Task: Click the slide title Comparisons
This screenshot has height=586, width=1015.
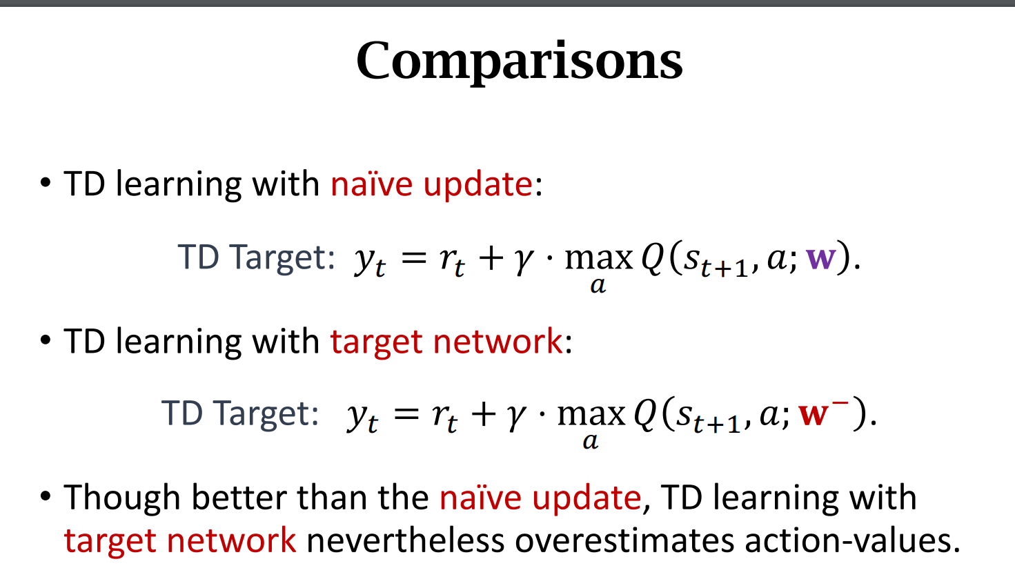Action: click(x=520, y=61)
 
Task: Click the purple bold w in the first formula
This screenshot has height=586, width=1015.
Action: click(x=820, y=258)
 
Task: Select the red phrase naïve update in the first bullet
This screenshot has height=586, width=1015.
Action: click(x=431, y=184)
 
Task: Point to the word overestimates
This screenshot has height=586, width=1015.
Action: click(x=624, y=540)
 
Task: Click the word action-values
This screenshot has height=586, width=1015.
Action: click(x=852, y=540)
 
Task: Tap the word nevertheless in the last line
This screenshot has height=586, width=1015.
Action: click(x=405, y=540)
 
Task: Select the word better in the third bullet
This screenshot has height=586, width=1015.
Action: click(x=239, y=498)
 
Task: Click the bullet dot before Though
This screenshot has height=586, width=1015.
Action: click(x=46, y=496)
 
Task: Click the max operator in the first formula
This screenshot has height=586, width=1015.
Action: click(x=598, y=259)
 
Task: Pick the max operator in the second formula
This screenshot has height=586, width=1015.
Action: click(x=591, y=414)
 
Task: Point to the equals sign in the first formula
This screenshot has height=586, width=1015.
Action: click(x=414, y=258)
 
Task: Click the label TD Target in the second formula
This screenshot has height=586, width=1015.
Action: click(x=240, y=413)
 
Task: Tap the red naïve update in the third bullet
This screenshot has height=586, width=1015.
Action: click(x=540, y=498)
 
